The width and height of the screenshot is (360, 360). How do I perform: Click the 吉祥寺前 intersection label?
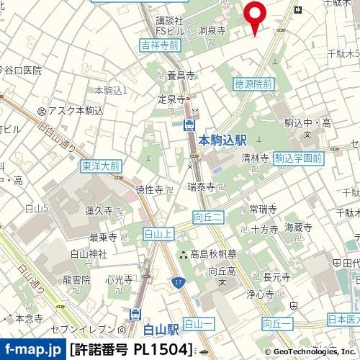click(159, 45)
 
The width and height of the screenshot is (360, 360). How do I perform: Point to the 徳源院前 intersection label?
click(253, 84)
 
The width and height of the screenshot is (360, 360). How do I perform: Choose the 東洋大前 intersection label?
click(101, 166)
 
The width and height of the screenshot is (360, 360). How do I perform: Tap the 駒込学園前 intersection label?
click(297, 158)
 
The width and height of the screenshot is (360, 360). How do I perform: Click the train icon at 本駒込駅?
click(189, 126)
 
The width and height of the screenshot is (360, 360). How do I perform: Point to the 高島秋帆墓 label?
click(215, 253)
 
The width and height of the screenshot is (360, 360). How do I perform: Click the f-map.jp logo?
click(32, 350)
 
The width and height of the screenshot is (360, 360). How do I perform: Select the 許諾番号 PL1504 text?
click(132, 350)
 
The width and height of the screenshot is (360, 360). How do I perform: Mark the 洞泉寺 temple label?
click(212, 31)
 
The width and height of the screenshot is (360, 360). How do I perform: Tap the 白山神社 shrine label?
click(89, 253)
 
